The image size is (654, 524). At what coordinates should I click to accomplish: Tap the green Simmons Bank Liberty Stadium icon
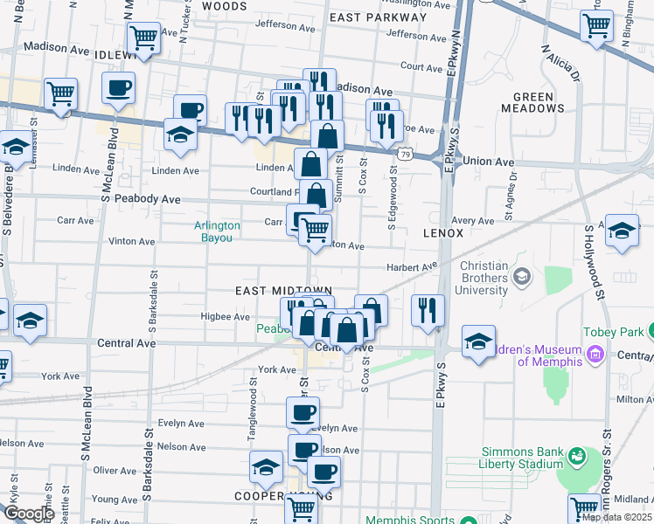coord(578,457)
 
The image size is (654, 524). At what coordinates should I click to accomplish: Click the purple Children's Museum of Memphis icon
coord(596,355)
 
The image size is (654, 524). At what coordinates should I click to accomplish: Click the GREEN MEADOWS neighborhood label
coord(533,102)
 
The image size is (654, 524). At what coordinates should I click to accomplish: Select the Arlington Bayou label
coord(217,231)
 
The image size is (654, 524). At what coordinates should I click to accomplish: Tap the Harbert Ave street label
coord(412,267)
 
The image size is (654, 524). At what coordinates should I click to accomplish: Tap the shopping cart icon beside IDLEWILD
coord(143,38)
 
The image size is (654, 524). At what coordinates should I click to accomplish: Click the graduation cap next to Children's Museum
coord(478,341)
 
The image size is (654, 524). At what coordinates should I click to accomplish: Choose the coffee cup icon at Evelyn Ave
coord(303,412)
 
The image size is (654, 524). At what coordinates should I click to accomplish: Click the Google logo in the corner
coord(29,514)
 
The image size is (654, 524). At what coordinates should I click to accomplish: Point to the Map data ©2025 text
coord(616,517)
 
